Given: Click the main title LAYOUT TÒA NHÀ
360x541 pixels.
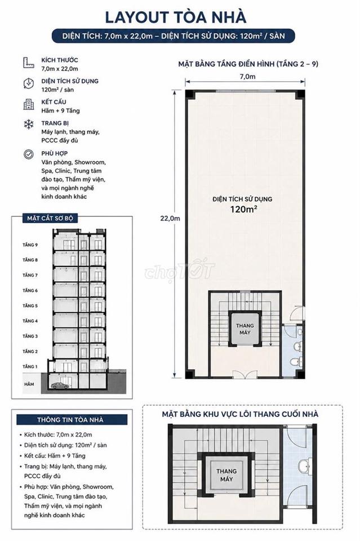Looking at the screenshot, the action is coord(176,17).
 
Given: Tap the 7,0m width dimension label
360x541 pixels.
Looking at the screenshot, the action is coord(247,77).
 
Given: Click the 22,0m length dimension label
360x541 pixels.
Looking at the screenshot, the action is coord(170,219).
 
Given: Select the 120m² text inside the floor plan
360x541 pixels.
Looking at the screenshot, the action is coord(244,209).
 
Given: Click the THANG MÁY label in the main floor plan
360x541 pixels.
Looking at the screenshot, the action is coord(245,329).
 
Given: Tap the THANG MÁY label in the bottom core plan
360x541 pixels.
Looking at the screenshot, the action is coord(226,475).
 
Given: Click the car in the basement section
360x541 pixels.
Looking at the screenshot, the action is coord(60,385).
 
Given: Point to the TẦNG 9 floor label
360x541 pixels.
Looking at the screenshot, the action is coord(30,245).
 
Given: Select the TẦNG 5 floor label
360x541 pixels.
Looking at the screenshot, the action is coord(30,305).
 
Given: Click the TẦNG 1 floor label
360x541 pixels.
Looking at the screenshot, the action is coord(30,366).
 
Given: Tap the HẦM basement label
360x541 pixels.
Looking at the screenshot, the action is coord(29,384).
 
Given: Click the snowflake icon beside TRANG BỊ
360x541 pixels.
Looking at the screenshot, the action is coord(29,124).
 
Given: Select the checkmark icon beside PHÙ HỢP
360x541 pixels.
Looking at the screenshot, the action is coord(29,154).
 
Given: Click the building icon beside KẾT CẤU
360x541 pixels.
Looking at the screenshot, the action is coord(29,104).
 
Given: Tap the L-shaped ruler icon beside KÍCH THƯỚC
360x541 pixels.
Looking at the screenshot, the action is coord(29,63).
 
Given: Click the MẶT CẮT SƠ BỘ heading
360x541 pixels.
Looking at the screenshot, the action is coord(50,219).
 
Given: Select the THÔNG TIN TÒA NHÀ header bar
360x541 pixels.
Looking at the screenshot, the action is coord(72,419).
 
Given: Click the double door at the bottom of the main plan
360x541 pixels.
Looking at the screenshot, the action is coord(245,374).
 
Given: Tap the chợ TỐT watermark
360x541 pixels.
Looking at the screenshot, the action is coord(180,270).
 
